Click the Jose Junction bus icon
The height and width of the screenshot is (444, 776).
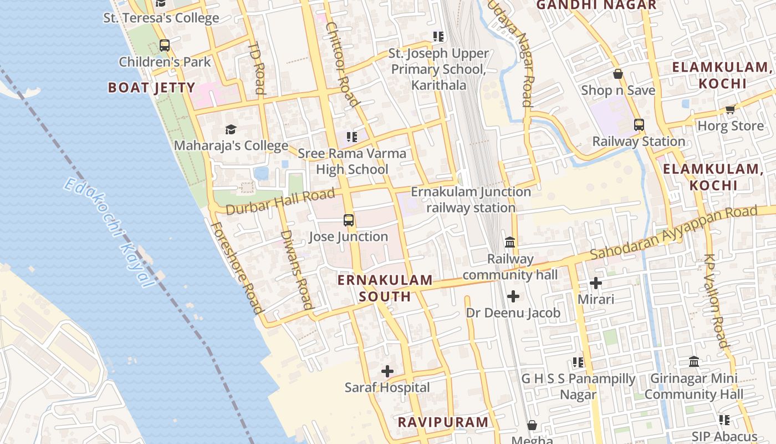click(x=348, y=220)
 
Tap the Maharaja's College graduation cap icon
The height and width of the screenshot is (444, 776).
click(x=231, y=130)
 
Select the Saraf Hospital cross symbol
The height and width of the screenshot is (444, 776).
click(x=387, y=371)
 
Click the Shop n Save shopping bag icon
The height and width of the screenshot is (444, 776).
click(x=618, y=74)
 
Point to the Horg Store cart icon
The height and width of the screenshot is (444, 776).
click(x=730, y=109)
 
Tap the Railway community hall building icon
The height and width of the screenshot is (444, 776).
click(x=510, y=243)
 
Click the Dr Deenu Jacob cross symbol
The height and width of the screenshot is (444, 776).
click(x=513, y=296)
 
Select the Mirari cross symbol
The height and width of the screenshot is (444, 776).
click(x=596, y=283)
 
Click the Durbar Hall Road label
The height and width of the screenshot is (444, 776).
click(x=281, y=201)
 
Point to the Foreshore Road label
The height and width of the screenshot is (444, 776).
click(x=236, y=268)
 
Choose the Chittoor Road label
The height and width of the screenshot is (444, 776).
click(x=341, y=64)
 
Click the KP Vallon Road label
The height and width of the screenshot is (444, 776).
click(x=716, y=301)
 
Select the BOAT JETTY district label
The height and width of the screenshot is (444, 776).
click(x=151, y=88)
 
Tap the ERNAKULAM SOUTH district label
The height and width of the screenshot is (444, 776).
click(x=385, y=288)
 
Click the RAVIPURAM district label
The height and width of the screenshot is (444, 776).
click(x=443, y=422)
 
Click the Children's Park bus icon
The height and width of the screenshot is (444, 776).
click(x=165, y=46)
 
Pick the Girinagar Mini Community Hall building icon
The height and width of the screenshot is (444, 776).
click(x=693, y=362)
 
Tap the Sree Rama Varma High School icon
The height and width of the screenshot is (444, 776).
click(x=351, y=137)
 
